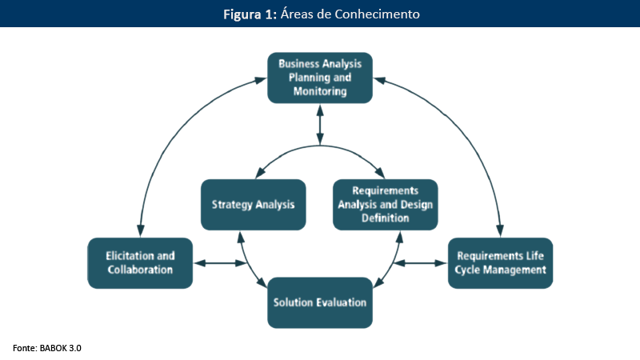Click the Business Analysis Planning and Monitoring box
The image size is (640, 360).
click(319, 78)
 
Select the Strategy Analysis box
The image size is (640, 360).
click(253, 204)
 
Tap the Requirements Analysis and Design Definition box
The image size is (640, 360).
click(385, 204)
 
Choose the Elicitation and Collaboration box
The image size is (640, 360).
click(140, 262)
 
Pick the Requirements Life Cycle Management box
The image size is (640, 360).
click(500, 262)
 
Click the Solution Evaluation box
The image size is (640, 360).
click(319, 302)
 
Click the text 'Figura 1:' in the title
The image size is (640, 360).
click(249, 14)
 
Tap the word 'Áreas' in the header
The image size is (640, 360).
click(297, 14)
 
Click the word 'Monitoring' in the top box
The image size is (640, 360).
click(319, 92)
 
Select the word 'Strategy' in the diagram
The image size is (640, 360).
click(232, 205)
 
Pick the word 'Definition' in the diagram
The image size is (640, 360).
click(385, 218)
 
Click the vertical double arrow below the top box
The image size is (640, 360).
click(320, 124)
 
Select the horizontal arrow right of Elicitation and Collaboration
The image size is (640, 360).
click(220, 262)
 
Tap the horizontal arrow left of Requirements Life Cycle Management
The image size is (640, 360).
click(421, 262)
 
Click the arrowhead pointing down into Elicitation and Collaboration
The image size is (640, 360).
click(141, 230)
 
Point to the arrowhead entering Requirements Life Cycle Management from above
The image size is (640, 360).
click(500, 230)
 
